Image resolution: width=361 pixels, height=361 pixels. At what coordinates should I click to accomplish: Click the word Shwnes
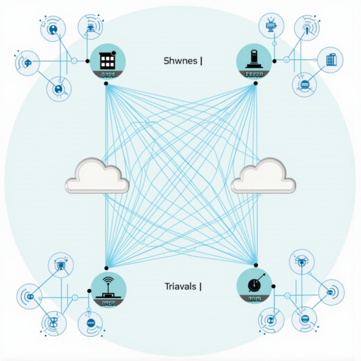(x=180, y=61)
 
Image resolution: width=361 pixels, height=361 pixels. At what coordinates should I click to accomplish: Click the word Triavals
(x=181, y=286)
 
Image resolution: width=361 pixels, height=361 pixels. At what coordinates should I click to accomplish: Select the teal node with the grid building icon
(x=107, y=62)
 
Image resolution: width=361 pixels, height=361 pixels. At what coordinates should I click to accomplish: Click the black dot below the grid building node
(x=107, y=84)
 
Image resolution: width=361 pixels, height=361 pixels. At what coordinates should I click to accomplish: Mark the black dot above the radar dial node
(x=256, y=264)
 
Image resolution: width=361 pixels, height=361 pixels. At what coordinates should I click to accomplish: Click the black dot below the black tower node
(x=255, y=84)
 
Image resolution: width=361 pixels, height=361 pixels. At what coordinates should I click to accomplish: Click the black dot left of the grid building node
(x=87, y=61)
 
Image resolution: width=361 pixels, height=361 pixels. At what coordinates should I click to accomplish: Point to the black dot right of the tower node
(x=275, y=60)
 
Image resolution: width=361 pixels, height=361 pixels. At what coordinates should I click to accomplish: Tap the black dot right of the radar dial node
(x=274, y=286)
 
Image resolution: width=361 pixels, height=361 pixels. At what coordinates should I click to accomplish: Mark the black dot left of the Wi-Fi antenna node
(x=88, y=291)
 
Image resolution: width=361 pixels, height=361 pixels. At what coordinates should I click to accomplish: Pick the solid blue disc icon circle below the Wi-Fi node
(x=90, y=323)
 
